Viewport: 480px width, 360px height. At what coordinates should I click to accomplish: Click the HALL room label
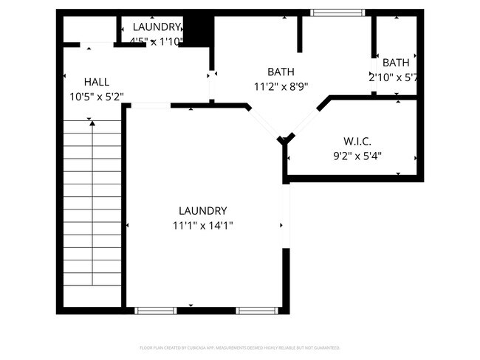coord(97,82)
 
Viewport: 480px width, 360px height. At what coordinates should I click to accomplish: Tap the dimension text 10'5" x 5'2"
coord(97,96)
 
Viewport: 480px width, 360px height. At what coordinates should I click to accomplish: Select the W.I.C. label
coord(357,141)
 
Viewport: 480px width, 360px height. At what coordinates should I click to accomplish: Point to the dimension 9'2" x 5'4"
coord(357,156)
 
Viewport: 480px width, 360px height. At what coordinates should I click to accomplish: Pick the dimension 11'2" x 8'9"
coord(281,86)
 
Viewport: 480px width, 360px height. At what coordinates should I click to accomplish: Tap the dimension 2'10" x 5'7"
coord(394,77)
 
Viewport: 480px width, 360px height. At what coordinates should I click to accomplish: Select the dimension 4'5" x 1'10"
coord(156,41)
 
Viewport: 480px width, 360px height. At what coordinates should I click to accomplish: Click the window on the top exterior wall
coord(337,13)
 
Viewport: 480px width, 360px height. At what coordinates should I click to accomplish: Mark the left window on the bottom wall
coord(156,311)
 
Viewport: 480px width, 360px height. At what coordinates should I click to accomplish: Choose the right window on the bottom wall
coord(257,311)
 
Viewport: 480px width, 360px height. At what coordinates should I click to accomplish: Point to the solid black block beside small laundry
coord(196,32)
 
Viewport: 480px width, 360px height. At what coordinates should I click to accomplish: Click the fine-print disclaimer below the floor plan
coord(240,347)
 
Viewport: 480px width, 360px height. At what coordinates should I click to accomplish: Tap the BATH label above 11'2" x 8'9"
coord(281,72)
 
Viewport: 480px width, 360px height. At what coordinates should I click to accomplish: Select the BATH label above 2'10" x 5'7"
coord(396,63)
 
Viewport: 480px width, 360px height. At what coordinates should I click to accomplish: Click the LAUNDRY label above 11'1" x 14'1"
coord(202,211)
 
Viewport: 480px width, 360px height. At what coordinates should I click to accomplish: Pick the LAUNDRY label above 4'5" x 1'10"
coord(156,27)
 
